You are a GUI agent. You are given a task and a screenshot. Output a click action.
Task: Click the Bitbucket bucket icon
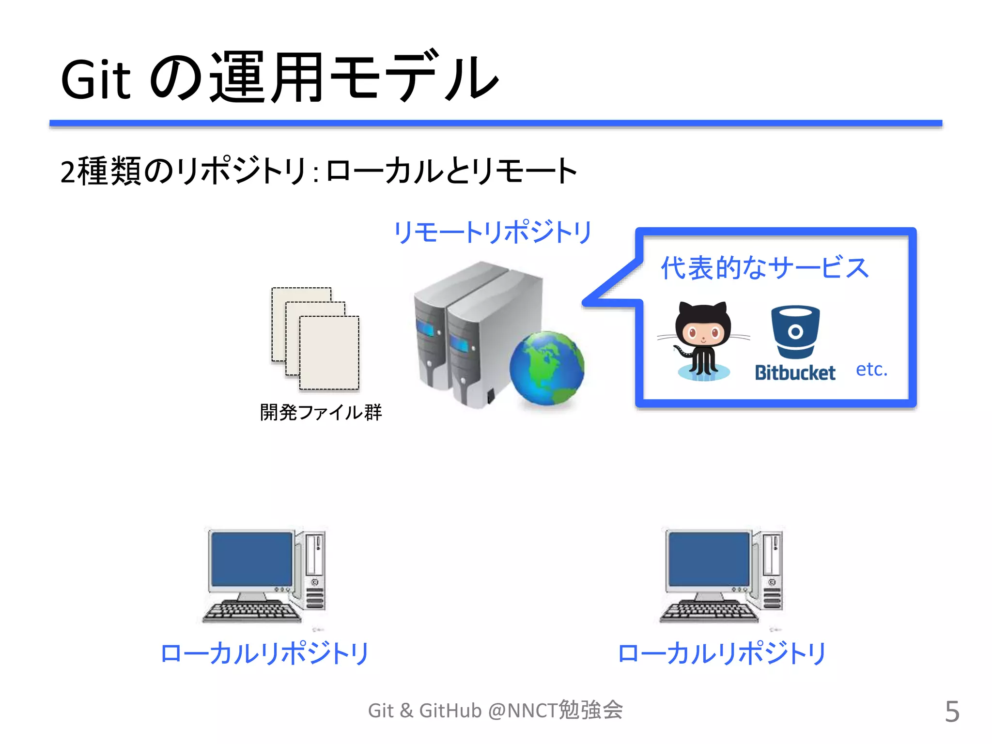coord(795,332)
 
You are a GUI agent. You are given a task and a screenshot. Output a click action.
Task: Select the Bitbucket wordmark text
coord(795,373)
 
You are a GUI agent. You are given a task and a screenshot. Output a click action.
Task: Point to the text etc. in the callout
coord(871,370)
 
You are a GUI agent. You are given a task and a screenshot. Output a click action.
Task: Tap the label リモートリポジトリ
coord(492,232)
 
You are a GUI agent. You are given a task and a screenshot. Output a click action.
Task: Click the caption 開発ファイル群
coord(321,413)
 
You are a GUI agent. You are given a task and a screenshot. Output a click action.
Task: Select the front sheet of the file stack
coord(329,353)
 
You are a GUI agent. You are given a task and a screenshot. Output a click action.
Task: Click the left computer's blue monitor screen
coord(252,559)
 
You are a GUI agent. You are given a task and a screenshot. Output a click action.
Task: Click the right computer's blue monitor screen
coord(709,559)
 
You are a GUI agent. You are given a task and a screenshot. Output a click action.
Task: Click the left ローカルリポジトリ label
coord(264,653)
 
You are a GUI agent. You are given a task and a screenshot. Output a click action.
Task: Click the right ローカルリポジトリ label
coord(722,653)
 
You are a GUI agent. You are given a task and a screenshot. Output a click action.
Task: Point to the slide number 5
coord(952,712)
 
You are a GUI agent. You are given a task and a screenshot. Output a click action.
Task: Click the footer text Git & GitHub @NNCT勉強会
coord(495,711)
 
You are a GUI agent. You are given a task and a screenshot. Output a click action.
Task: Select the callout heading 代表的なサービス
coord(765,268)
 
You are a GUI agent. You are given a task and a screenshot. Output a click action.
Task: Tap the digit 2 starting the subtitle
coord(68,172)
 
